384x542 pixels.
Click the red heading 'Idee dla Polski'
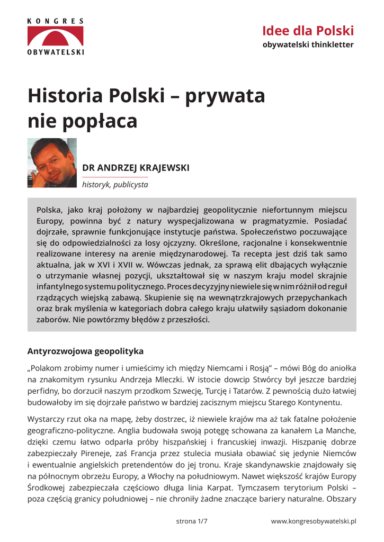(x=308, y=31)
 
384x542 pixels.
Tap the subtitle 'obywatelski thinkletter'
(x=308, y=44)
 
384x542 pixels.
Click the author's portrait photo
(x=52, y=162)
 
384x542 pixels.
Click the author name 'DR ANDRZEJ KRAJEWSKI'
(x=136, y=168)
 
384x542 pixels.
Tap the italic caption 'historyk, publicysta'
(x=115, y=185)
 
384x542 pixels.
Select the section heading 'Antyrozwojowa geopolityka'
(x=85, y=351)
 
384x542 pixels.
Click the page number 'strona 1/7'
(x=191, y=521)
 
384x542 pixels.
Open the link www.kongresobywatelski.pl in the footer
(x=314, y=521)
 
